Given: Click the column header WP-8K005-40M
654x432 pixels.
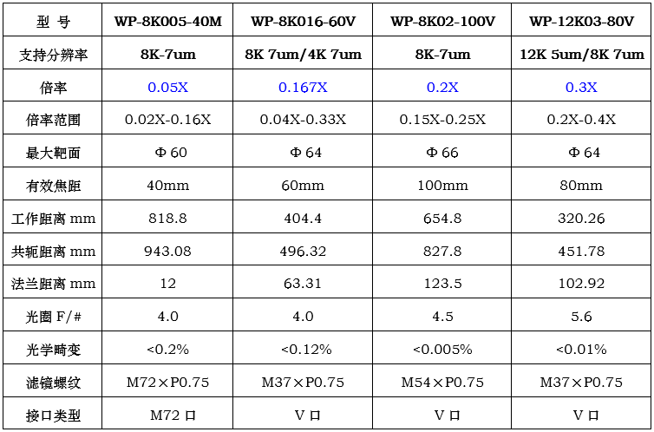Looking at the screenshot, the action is point(167,22).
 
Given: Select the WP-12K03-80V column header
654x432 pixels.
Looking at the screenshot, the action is point(581,22).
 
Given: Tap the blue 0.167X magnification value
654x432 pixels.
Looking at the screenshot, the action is point(303,87).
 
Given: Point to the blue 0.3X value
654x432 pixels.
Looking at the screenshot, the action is point(581,87).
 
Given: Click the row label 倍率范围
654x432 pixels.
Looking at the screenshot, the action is point(53,120).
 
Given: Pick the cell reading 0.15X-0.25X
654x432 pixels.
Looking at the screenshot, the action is point(442,120).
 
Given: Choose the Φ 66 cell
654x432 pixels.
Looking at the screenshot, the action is point(442,153).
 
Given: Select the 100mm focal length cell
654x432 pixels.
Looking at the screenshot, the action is point(442,185).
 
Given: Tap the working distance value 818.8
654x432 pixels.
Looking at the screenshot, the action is point(167,218).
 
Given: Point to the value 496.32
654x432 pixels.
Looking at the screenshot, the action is point(303,251).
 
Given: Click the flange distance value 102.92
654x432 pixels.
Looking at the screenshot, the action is point(581,284).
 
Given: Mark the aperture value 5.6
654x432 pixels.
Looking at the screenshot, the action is point(581,317).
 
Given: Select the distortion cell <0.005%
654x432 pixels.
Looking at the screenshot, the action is point(442,349).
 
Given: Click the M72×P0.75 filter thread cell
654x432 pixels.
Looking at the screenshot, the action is point(167,382).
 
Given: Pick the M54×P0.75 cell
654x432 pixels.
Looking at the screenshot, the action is point(442,382).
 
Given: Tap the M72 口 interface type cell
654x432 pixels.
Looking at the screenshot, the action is point(173,415).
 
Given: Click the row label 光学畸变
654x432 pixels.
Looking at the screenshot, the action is point(53,350).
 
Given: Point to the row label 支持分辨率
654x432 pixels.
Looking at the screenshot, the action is point(53,55).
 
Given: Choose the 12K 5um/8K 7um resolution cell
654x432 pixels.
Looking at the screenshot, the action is point(582,54).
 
